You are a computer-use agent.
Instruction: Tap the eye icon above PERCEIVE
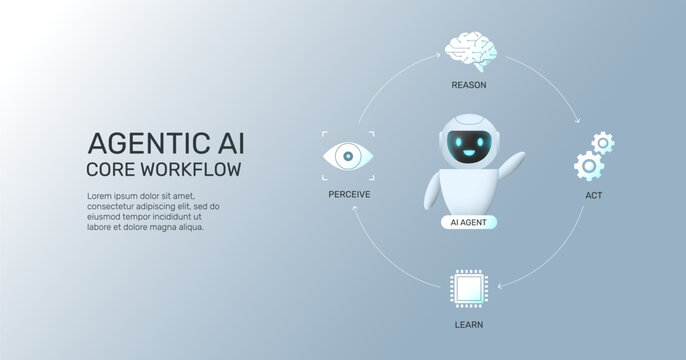tap(347, 155)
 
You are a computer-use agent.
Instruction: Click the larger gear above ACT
tap(590, 164)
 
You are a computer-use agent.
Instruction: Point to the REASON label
tap(469, 85)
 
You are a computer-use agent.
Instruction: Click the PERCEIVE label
tap(349, 194)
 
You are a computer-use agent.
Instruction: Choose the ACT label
tap(593, 194)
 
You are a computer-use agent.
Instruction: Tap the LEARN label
tap(468, 326)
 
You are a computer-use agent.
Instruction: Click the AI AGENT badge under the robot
tap(468, 222)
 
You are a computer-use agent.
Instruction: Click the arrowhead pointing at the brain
tap(437, 57)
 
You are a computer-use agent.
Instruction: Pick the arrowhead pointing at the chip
tap(501, 286)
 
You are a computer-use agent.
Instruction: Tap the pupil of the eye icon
tap(347, 155)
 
